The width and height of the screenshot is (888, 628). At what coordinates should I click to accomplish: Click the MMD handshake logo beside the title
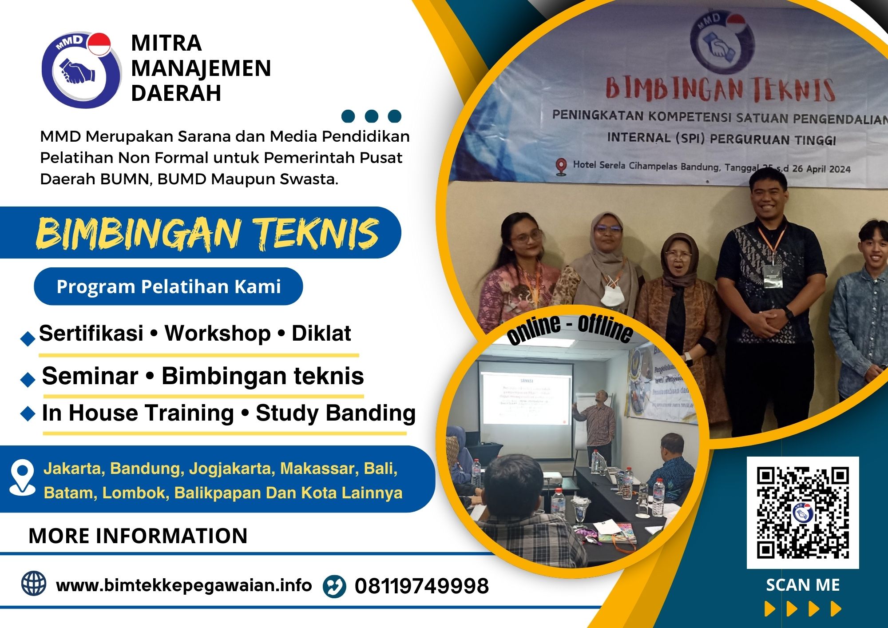click(x=80, y=70)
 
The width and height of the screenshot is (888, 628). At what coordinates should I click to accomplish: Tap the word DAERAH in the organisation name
click(x=176, y=93)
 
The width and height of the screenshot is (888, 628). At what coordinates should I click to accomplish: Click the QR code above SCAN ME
click(x=802, y=513)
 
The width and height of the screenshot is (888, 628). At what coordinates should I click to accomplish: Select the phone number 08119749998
click(x=421, y=586)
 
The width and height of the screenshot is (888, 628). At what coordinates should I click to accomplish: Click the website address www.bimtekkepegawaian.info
click(x=184, y=585)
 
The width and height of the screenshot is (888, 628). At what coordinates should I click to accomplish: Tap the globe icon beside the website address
click(x=34, y=584)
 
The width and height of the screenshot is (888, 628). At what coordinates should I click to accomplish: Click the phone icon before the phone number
click(x=334, y=586)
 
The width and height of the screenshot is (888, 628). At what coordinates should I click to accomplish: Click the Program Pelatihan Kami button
click(x=168, y=286)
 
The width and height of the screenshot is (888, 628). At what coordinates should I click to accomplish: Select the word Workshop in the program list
click(x=218, y=333)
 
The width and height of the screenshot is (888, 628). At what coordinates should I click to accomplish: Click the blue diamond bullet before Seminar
click(x=28, y=380)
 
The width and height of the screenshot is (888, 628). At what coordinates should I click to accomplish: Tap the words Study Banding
click(x=335, y=413)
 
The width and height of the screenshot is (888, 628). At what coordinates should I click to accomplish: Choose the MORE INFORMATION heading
click(x=138, y=536)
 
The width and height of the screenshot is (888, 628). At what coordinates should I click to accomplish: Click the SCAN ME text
click(x=802, y=585)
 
